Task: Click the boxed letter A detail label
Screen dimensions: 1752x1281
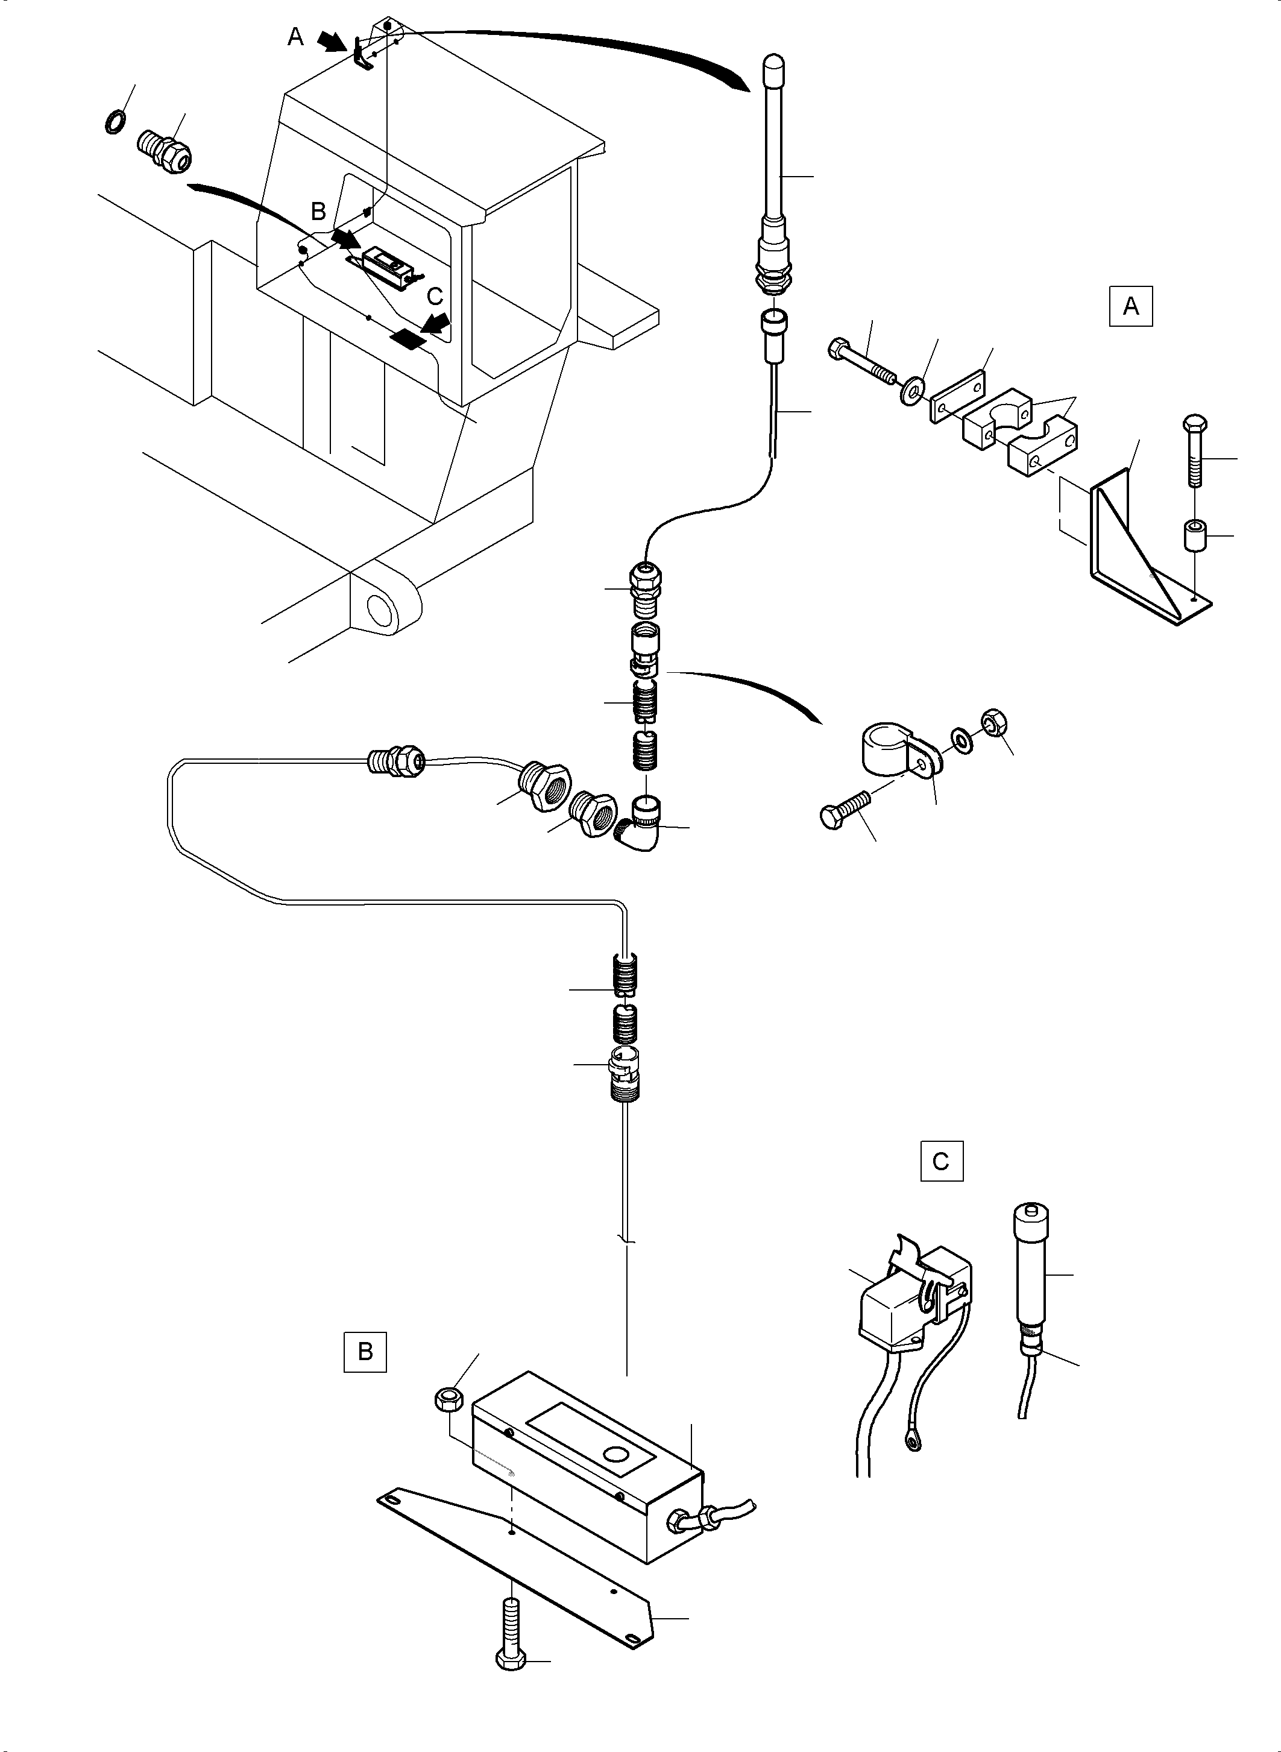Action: (1130, 306)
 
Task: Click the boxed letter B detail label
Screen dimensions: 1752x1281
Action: (365, 1352)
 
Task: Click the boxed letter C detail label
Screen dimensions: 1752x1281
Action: (942, 1161)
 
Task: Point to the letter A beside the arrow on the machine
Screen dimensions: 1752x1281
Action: (295, 36)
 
